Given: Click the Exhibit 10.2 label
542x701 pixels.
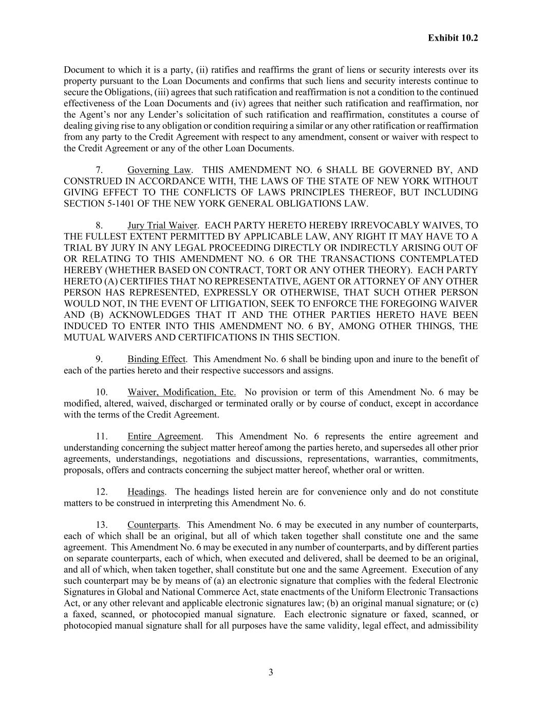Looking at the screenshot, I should pyautogui.click(x=453, y=38).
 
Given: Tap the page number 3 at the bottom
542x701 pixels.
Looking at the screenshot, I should pyautogui.click(x=271, y=673).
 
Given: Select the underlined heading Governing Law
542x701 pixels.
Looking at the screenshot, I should pyautogui.click(x=159, y=170).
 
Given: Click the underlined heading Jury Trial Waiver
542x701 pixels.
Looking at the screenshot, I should pyautogui.click(x=162, y=225).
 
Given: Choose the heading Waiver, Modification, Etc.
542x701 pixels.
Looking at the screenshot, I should pyautogui.click(x=182, y=392).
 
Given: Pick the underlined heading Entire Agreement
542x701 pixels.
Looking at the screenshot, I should pyautogui.click(x=164, y=437).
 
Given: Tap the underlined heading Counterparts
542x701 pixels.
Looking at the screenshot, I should pyautogui.click(x=153, y=525).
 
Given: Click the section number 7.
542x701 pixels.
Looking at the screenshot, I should pyautogui.click(x=100, y=170).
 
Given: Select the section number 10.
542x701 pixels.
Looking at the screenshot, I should pyautogui.click(x=102, y=392).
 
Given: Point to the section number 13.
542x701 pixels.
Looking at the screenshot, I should pyautogui.click(x=102, y=525).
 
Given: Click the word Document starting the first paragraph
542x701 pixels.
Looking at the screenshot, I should pyautogui.click(x=84, y=70).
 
